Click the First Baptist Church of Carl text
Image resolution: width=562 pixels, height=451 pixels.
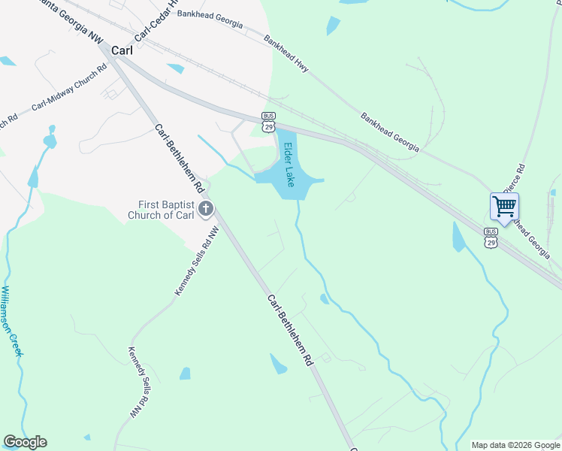click(x=166, y=210)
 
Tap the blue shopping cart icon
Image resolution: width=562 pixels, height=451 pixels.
click(x=504, y=205)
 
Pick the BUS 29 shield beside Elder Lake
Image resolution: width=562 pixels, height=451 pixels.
click(x=268, y=123)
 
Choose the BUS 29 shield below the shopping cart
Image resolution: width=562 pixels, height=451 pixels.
click(x=491, y=238)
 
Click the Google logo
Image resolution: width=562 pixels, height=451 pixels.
click(x=25, y=442)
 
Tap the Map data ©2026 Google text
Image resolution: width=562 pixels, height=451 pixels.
click(x=515, y=445)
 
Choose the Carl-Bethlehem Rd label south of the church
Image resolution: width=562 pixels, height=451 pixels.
click(x=289, y=329)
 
